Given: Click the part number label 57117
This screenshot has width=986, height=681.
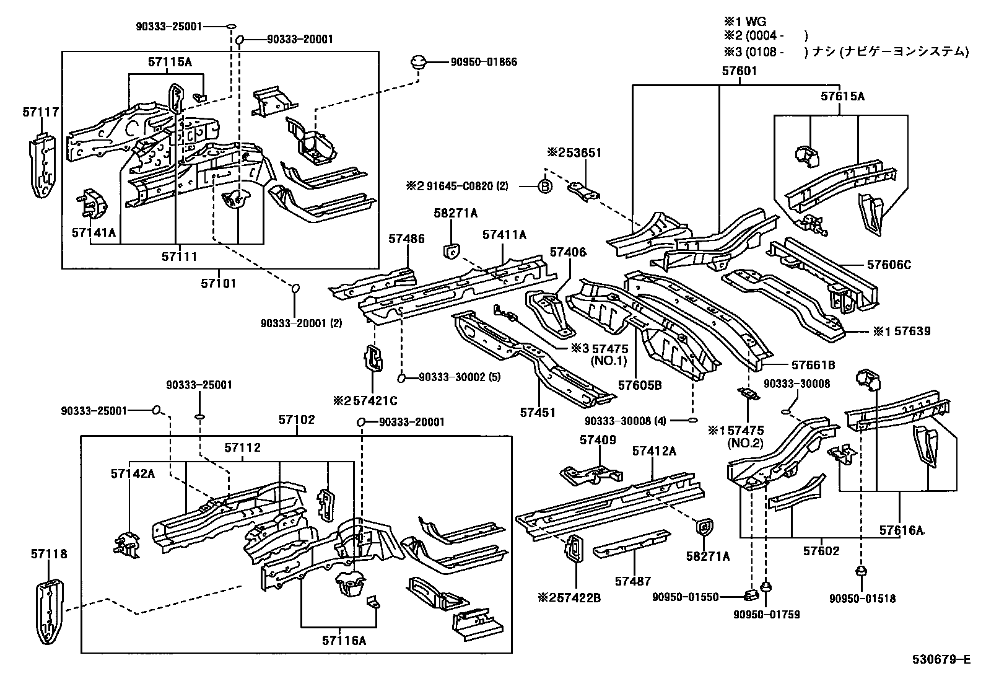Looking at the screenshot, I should (41, 112).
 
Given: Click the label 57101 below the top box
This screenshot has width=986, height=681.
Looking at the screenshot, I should (218, 283).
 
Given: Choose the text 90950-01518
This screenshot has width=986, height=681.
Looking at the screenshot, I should (862, 599).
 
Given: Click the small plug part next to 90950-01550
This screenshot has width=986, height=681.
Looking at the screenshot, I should (751, 595).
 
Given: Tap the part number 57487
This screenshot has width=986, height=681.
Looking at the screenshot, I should (633, 581).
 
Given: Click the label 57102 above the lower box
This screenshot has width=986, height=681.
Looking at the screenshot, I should (296, 420).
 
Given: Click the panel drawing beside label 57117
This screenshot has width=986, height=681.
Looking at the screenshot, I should (42, 164).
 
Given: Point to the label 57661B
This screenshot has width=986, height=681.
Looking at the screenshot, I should (813, 365).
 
